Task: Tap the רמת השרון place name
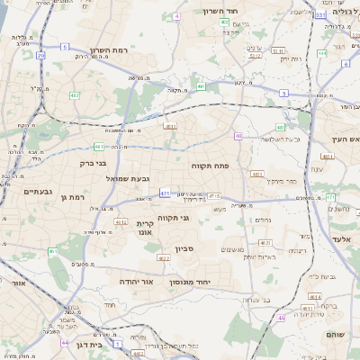[x=111, y=50]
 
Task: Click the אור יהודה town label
[x=139, y=282]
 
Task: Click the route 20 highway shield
[x=40, y=55]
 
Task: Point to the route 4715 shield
[x=214, y=195]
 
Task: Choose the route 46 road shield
[x=281, y=317]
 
